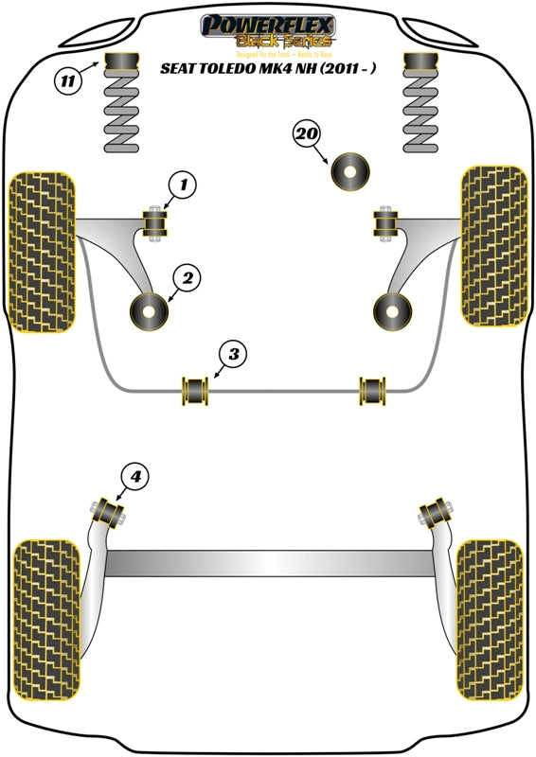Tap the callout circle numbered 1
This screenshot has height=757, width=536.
[184, 185]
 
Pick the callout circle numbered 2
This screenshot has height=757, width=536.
[188, 278]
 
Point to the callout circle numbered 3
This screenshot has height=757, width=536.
[234, 355]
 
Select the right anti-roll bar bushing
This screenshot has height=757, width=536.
[373, 389]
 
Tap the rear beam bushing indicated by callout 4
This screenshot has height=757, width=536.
[109, 514]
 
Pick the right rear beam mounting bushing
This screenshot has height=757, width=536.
[436, 514]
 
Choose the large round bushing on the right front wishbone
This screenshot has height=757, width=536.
[391, 311]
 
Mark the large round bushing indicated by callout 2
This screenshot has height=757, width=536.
[148, 312]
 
